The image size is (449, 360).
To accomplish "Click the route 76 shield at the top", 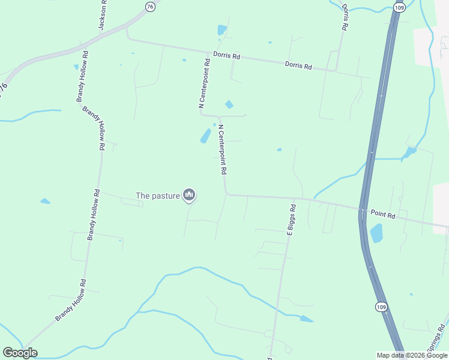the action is (x=149, y=6).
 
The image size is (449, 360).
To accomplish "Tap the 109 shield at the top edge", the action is (x=399, y=7).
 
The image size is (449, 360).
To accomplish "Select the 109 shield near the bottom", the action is (x=381, y=307).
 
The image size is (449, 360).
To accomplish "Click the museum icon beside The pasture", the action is (x=189, y=194).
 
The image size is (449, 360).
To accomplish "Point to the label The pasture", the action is (x=157, y=195).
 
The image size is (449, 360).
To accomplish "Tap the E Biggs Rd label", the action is (x=291, y=220).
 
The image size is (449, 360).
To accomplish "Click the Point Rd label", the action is (x=382, y=214).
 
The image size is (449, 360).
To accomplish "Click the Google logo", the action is (x=20, y=353).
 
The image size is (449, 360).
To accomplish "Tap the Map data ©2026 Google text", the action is (x=412, y=355).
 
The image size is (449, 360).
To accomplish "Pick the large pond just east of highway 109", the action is (x=376, y=233).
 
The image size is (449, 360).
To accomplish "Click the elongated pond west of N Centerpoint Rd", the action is (x=205, y=136).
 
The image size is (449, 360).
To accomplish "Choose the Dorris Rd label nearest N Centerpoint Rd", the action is (x=226, y=56).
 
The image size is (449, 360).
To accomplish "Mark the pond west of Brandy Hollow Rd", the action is (x=46, y=201).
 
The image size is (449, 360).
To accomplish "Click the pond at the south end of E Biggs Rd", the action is (x=306, y=319).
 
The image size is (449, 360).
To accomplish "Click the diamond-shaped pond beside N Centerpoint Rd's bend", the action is (x=228, y=104).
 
